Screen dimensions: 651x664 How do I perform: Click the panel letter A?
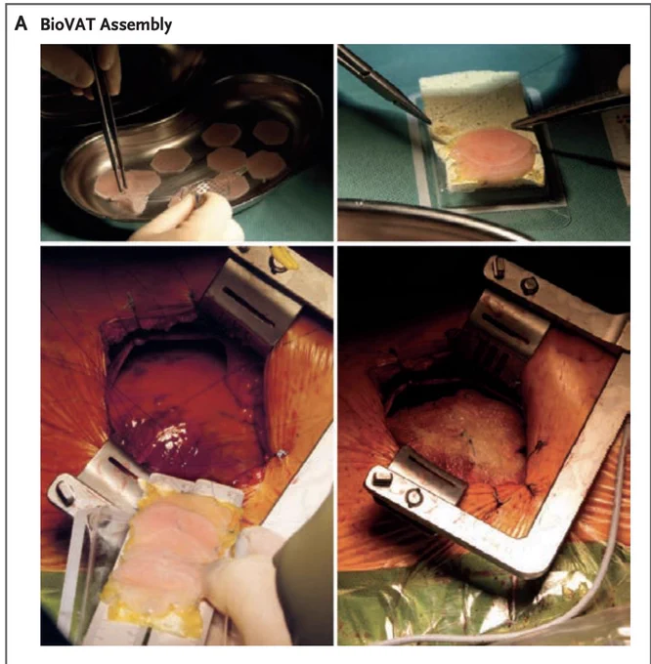(x=21, y=23)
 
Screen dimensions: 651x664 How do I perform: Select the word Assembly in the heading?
(x=136, y=25)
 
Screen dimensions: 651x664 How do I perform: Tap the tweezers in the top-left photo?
(x=108, y=118)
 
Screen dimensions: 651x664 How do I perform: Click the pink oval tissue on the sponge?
(x=492, y=153)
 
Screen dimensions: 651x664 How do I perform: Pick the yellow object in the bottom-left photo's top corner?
(x=283, y=258)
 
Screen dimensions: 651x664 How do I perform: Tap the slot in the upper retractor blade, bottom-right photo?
(x=505, y=328)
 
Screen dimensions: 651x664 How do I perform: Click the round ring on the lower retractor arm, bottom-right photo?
(x=413, y=498)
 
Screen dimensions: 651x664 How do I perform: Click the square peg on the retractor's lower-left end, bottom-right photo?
(x=382, y=478)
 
